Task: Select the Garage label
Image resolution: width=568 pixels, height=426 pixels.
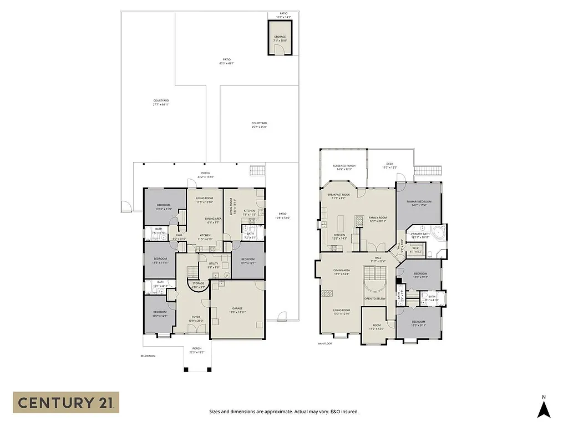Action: click(x=237, y=310)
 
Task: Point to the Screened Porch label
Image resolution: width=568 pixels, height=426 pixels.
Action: click(x=344, y=168)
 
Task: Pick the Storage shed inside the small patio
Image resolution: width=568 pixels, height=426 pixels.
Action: click(x=280, y=38)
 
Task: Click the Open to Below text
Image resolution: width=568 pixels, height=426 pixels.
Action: click(x=375, y=298)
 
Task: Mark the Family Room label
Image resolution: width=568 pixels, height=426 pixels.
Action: click(x=377, y=219)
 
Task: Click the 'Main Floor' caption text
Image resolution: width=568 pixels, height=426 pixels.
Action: click(x=324, y=343)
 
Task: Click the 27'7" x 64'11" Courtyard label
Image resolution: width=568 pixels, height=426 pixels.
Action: click(x=161, y=103)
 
